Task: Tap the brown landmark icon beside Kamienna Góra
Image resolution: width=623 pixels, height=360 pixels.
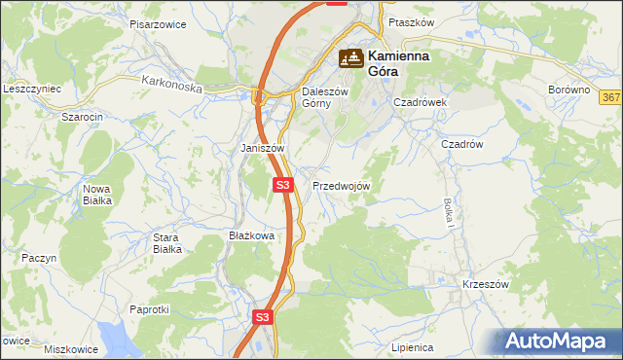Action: [x=351, y=59]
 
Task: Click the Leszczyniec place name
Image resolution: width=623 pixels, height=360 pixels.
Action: [x=32, y=89]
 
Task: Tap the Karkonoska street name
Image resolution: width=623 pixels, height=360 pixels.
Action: [x=171, y=86]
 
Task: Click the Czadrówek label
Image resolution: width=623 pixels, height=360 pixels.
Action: [x=419, y=101]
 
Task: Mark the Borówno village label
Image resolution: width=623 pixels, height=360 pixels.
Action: [x=568, y=90]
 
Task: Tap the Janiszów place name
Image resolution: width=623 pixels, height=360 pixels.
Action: [x=262, y=148]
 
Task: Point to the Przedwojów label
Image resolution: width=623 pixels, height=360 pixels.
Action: [x=341, y=185]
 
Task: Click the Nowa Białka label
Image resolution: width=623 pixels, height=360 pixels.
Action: [x=97, y=194]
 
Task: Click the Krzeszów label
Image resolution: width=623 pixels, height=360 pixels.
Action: [x=486, y=284]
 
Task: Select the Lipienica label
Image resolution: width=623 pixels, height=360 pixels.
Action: [x=411, y=347]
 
